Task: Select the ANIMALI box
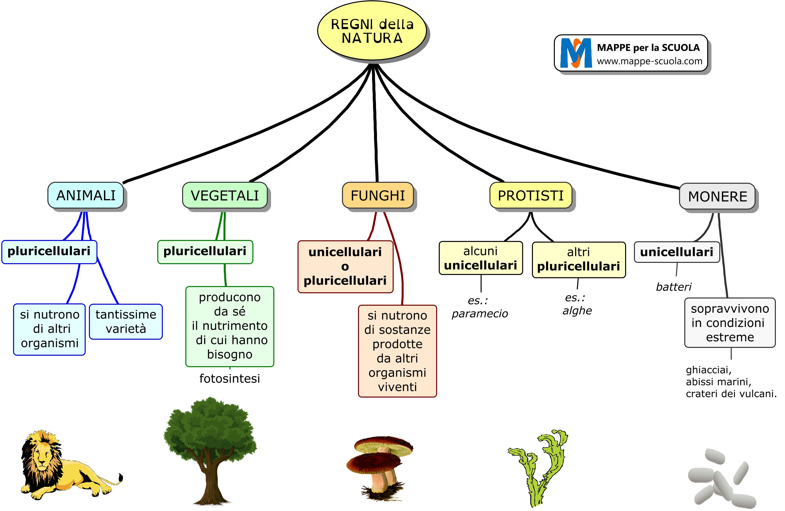(x=86, y=195)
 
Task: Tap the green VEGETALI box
(x=225, y=196)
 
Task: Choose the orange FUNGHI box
(x=378, y=196)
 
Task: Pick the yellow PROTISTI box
(x=530, y=196)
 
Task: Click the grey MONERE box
(x=717, y=196)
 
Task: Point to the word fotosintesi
(x=230, y=379)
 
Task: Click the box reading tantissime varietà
(x=126, y=322)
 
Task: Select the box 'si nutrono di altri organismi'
(x=49, y=329)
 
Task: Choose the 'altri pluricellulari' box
(x=578, y=260)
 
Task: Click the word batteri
(x=673, y=287)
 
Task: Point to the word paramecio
(x=480, y=314)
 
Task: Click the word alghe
(x=577, y=311)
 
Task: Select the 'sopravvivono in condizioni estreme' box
(x=730, y=323)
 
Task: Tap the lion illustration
(x=66, y=465)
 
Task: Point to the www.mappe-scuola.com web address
(x=649, y=61)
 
